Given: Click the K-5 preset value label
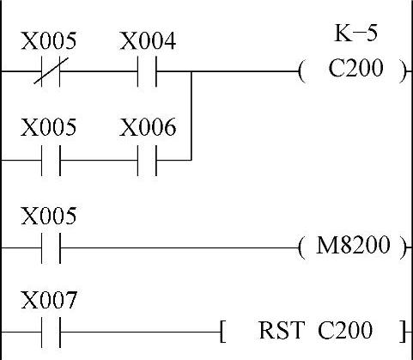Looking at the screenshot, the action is coord(355,34).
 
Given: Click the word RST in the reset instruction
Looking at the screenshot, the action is coord(280,330).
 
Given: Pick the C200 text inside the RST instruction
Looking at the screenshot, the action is coord(345,330).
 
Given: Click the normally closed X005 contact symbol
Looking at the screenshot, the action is coord(51,71).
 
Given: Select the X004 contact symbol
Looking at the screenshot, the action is coord(147,71).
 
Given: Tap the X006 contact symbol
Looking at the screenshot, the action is coord(147,161).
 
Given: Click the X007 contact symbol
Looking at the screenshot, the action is coord(51,333).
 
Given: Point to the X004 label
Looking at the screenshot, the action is coord(148,41).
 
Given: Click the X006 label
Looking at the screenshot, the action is coord(148,127).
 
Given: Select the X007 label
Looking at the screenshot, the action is coord(49,300).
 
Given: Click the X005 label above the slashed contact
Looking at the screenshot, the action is coord(49,40).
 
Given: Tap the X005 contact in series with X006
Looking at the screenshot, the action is coord(51,161).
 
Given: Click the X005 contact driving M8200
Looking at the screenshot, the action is coord(51,248).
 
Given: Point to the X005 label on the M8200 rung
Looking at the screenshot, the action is coord(49,216).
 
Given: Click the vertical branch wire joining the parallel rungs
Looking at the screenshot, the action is coord(191,116).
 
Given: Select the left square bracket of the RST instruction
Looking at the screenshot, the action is coord(222,332).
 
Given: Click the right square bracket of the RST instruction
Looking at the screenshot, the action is coord(404,332).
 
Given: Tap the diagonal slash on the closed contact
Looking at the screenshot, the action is coord(52,70).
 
